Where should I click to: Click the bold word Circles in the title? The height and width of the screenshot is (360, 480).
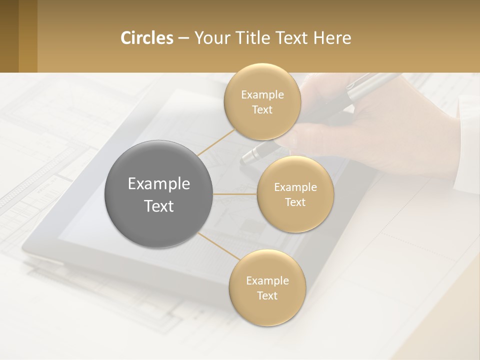[147, 38]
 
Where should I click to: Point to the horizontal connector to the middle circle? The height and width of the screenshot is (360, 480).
[235, 193]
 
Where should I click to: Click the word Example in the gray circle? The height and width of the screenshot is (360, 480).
[159, 184]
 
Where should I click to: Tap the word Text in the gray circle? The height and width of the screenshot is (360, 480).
[159, 206]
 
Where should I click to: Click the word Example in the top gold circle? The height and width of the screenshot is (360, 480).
[262, 95]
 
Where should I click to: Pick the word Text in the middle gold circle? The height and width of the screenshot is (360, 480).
[295, 202]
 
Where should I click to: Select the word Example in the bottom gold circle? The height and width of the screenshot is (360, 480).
[267, 281]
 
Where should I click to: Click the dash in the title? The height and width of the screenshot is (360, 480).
[183, 38]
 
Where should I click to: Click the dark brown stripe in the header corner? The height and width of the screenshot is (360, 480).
[9, 36]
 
